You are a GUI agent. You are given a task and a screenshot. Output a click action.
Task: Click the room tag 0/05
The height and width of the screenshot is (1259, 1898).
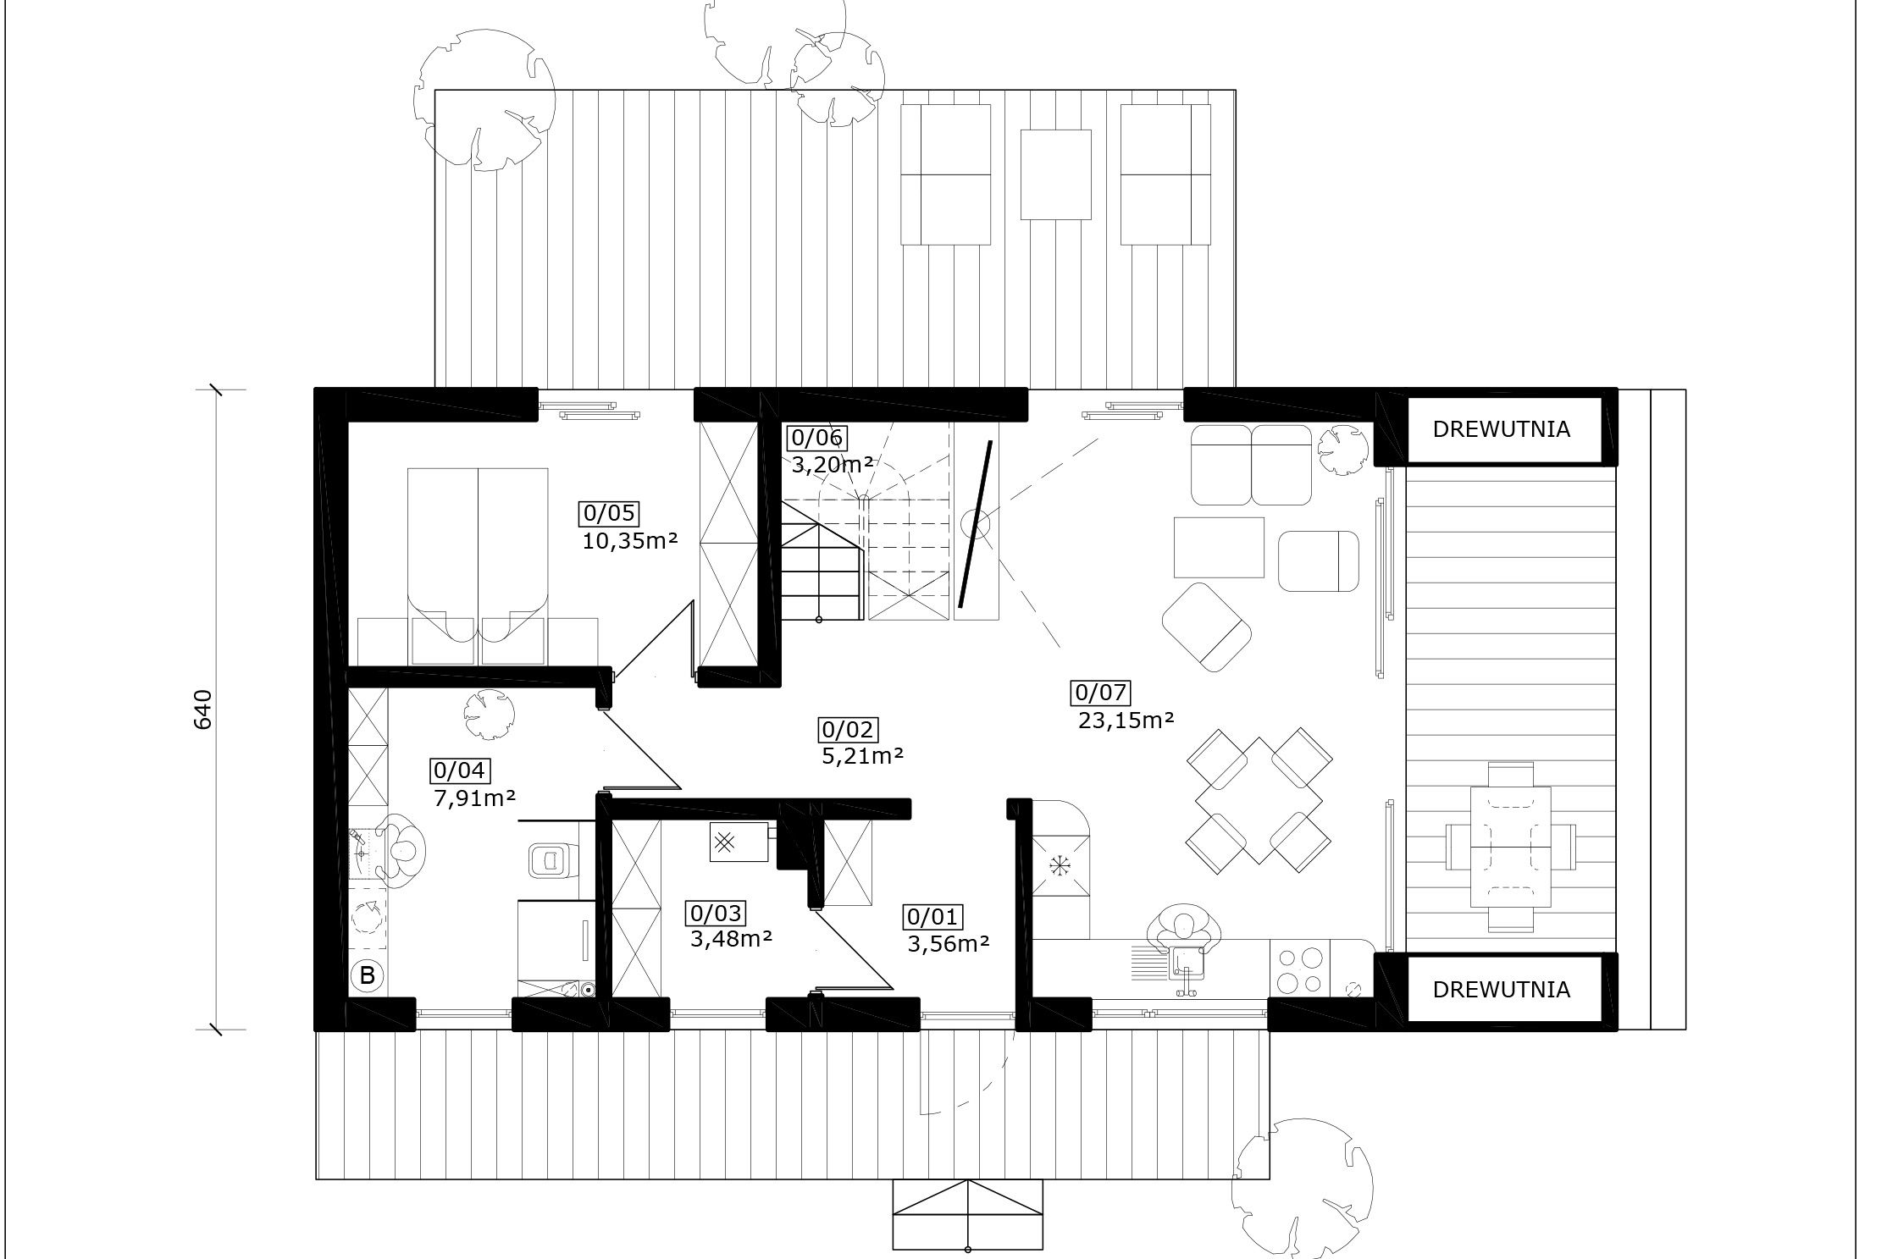coord(609,514)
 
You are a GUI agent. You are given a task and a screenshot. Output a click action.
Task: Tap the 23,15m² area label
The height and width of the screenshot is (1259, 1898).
coord(1126,721)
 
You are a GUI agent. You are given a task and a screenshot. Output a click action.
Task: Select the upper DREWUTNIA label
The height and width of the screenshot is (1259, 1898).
coord(1501,429)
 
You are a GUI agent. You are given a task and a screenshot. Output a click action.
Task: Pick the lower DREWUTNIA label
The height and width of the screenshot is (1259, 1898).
coord(1501,990)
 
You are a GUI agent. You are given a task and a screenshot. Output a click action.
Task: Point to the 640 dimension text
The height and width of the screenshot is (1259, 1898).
coord(203,709)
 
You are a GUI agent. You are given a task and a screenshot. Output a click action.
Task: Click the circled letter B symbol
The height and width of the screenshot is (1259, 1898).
coord(367,975)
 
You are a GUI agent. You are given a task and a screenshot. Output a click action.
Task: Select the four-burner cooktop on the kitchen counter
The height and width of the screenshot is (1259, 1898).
coord(1299,970)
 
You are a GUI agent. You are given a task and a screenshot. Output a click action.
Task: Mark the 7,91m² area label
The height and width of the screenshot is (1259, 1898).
coord(475,798)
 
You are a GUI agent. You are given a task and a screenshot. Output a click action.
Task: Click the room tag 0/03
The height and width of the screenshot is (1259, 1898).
coord(717,914)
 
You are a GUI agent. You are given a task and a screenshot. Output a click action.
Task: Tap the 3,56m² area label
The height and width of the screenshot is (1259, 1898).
coord(949,943)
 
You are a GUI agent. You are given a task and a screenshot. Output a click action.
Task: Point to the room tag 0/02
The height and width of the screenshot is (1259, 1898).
coord(849,729)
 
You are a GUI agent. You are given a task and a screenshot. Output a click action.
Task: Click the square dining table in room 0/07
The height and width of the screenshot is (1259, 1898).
coord(1259,800)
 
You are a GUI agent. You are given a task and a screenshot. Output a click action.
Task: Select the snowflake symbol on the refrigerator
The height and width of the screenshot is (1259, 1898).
coord(1058,865)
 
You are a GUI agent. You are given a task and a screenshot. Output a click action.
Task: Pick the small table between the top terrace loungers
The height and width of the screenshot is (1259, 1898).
coord(1055,174)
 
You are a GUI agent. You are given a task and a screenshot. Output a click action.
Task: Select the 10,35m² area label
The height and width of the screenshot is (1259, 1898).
coord(630,541)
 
